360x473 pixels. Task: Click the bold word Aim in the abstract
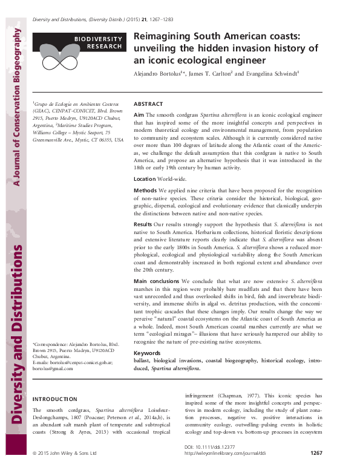[x=139, y=114]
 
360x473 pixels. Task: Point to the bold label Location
[x=145, y=180]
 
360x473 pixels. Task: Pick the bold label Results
[x=143, y=223]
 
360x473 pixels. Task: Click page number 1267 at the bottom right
[x=316, y=453]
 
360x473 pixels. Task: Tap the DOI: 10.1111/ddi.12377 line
[x=208, y=448]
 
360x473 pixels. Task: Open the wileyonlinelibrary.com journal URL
[x=223, y=454]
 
